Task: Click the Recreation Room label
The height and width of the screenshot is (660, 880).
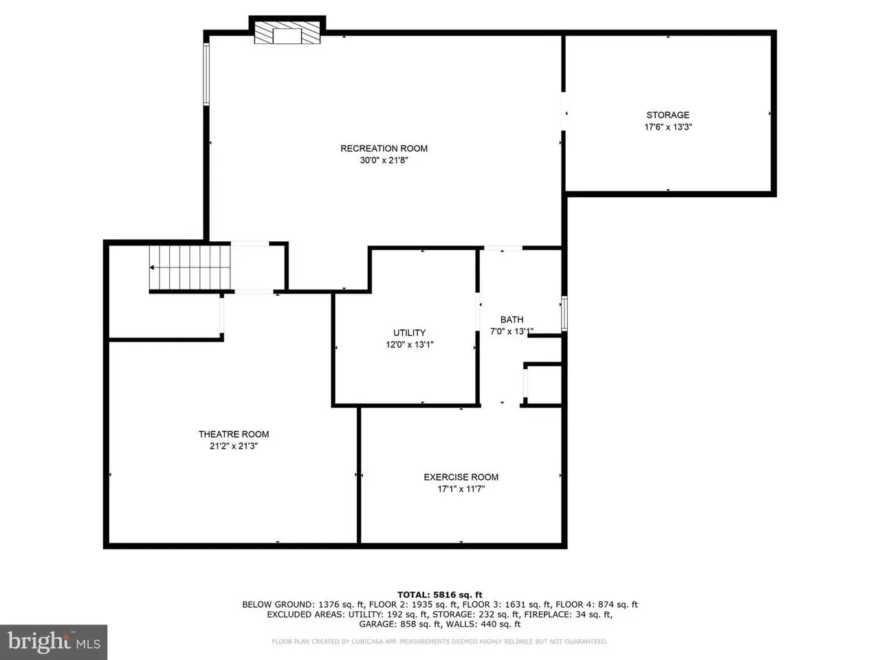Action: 384,148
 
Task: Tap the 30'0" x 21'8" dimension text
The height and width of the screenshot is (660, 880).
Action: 384,160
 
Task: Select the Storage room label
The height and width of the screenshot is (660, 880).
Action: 668,115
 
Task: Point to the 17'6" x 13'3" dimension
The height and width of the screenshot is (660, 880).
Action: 668,127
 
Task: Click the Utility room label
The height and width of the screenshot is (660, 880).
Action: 409,333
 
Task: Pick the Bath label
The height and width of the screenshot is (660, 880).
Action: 511,320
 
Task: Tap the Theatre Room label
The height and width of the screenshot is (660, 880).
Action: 234,434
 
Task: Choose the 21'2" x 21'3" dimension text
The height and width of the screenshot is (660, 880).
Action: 234,446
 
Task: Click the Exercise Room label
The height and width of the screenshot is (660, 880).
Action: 461,477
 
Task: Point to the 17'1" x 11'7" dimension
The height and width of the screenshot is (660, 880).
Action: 461,489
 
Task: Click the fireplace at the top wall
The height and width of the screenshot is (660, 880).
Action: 287,31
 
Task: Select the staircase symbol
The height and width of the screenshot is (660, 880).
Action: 190,267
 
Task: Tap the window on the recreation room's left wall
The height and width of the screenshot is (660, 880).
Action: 206,74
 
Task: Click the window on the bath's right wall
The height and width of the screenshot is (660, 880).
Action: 564,313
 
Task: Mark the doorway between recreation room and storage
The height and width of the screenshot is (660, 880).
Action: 563,111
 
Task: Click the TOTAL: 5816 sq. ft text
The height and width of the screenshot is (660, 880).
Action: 440,595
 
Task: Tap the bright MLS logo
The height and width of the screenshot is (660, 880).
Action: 54,642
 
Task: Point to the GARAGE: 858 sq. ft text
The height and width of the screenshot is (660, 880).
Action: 400,624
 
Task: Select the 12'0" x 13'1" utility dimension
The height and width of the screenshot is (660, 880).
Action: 410,344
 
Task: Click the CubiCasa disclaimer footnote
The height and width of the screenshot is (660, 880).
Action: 440,641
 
